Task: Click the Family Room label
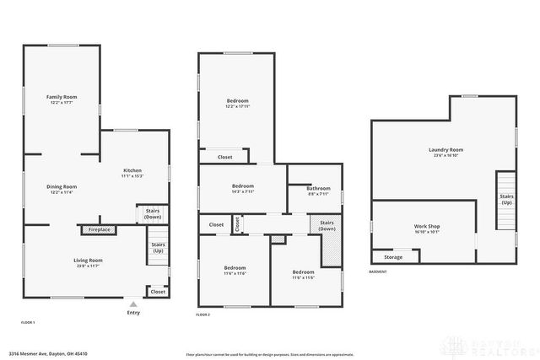click(x=61, y=97)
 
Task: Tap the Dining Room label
click(x=61, y=186)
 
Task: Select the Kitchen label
click(x=132, y=170)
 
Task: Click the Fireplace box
click(x=97, y=228)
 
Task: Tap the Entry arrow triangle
click(x=132, y=304)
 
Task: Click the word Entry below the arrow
click(x=132, y=313)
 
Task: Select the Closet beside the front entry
click(x=157, y=292)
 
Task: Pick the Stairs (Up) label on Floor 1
click(x=158, y=246)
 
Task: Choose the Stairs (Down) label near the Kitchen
click(x=153, y=213)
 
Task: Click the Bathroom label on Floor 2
click(x=318, y=188)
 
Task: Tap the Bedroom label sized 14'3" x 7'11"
click(x=243, y=185)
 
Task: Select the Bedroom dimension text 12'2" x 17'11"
click(x=237, y=106)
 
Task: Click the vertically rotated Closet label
click(x=238, y=224)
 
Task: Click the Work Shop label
click(x=427, y=226)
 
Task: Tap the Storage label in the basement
click(x=393, y=257)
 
